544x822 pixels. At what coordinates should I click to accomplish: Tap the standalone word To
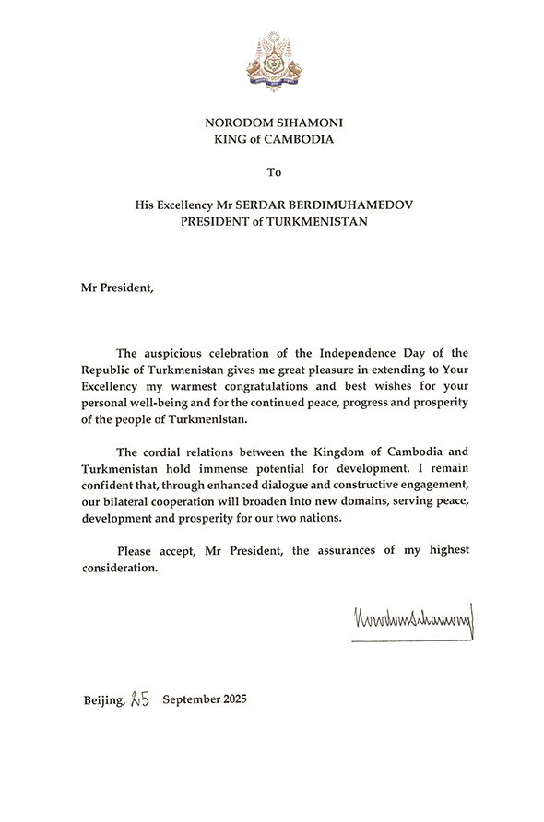272,171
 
